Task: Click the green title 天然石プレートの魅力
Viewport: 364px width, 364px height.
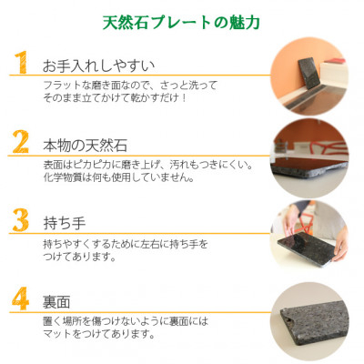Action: (181, 23)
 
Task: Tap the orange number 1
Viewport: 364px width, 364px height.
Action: (22, 62)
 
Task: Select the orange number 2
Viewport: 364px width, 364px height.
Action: (21, 141)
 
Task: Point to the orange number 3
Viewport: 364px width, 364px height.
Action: (21, 220)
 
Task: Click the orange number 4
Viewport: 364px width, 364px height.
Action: (21, 298)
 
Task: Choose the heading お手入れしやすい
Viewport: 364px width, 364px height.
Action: (99, 66)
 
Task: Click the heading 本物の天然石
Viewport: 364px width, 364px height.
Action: (85, 146)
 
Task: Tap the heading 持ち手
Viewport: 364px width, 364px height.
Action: (65, 224)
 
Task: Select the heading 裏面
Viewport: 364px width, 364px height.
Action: (56, 302)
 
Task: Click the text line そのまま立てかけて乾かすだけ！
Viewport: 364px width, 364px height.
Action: (115, 97)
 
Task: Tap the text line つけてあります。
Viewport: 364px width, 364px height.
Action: (80, 258)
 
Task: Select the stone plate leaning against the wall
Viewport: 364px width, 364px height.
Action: (308, 74)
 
